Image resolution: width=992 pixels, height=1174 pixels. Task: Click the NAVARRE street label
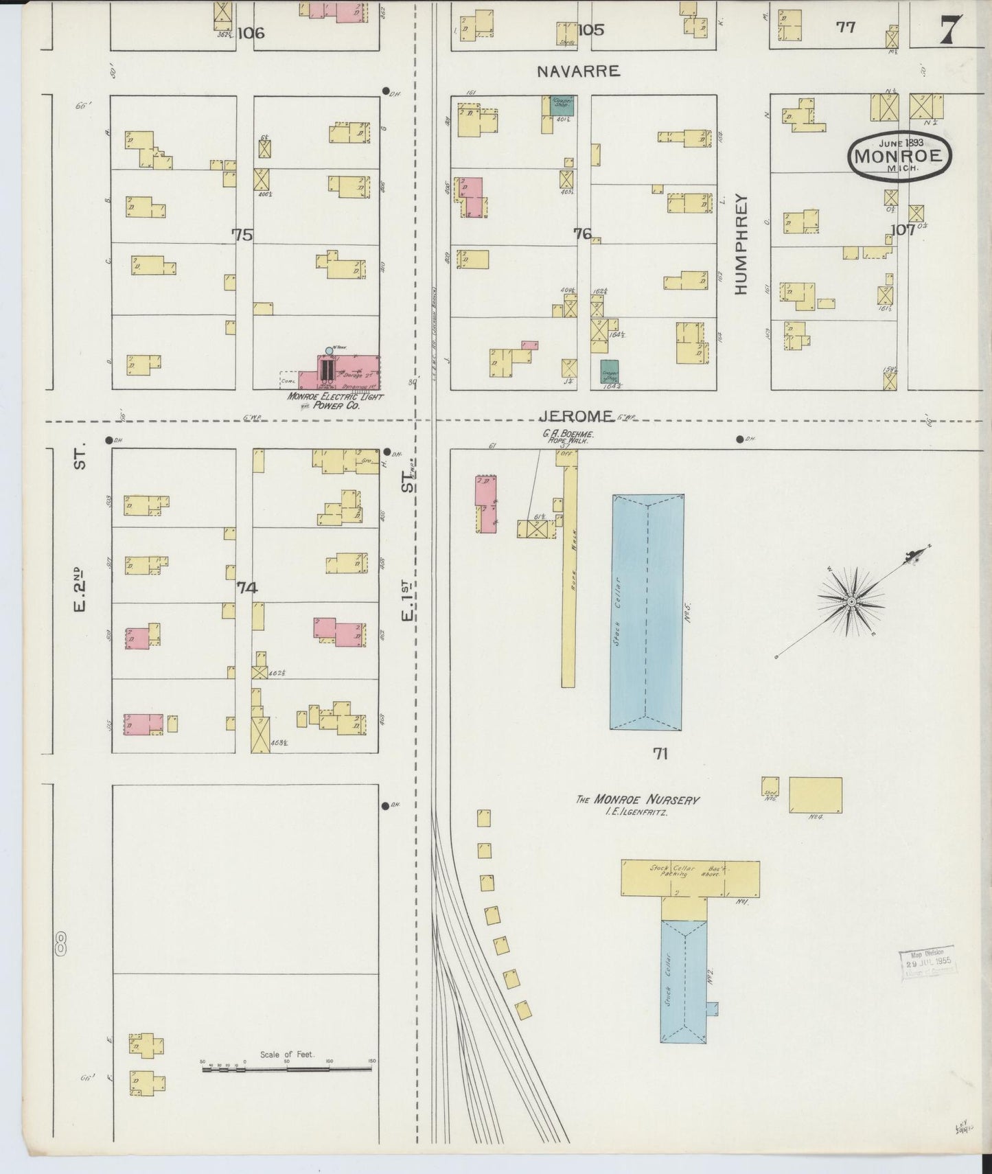[578, 71]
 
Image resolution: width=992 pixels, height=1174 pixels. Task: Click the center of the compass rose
[851, 601]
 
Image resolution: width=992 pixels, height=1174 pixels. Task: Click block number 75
[242, 235]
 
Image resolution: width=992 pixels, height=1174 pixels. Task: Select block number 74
[246, 588]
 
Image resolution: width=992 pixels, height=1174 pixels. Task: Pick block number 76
[582, 235]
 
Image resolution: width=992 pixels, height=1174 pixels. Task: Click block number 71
[660, 754]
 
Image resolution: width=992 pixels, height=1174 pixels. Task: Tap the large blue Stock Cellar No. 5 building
[647, 611]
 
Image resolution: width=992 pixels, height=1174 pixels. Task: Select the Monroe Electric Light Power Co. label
[335, 401]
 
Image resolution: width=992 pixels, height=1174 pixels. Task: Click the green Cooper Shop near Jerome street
[609, 371]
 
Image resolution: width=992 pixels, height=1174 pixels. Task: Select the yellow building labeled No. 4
[815, 795]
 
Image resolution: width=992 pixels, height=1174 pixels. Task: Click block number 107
[903, 230]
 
